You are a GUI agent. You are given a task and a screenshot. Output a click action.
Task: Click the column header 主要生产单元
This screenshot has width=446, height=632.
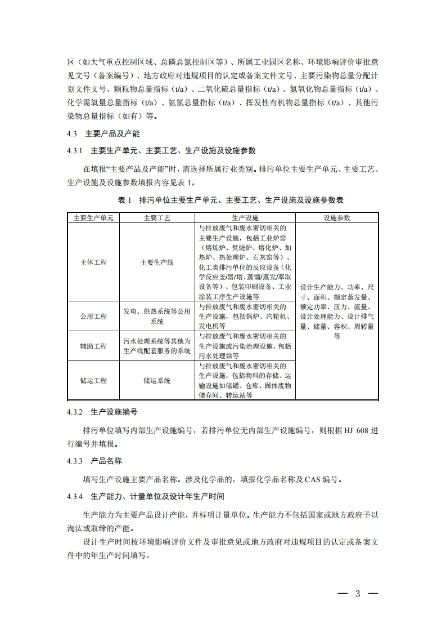93,217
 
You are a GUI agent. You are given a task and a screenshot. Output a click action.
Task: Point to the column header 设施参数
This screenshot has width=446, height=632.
336,217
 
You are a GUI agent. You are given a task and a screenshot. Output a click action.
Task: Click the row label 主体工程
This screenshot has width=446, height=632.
93,262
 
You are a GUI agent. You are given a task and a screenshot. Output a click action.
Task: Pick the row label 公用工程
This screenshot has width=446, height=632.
93,317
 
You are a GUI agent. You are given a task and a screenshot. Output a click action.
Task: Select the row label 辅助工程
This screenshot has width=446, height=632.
93,346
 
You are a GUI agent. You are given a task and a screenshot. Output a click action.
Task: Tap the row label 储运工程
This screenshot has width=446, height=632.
93,381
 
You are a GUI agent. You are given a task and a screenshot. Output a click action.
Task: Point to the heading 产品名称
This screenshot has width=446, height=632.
106,461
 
